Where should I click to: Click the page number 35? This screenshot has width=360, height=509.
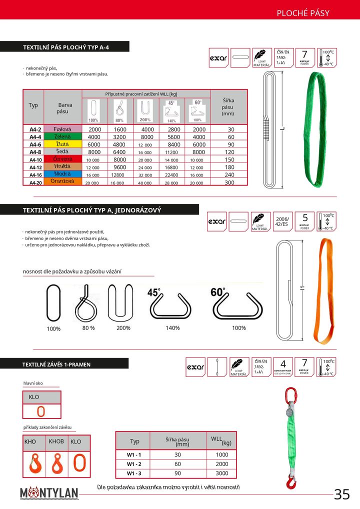pos(342,494)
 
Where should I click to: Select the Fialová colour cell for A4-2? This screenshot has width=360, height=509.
pos(63,129)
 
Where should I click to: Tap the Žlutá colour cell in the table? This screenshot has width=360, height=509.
pos(63,144)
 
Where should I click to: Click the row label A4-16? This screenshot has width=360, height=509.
pos(35,175)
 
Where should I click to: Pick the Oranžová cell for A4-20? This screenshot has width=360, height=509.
pos(63,182)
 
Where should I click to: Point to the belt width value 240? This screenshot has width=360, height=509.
pos(229,175)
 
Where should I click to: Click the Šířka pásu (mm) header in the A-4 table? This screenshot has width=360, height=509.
pos(228,107)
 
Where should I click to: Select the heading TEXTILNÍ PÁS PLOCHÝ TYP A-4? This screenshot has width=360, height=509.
pos(66,47)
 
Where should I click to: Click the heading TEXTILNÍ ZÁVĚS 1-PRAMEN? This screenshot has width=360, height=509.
pos(57,364)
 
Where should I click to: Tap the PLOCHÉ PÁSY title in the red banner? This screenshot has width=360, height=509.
pos(303,13)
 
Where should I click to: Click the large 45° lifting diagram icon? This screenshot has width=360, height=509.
pos(170,303)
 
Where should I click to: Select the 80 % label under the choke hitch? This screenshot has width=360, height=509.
pos(88,328)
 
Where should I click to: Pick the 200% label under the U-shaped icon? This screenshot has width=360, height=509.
pos(123,328)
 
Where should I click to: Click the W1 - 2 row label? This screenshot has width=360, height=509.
pos(134,464)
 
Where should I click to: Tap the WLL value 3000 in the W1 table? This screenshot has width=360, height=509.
pos(222,473)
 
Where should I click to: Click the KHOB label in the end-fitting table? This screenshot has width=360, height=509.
pos(56,441)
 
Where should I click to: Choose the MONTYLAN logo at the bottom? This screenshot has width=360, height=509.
pos(49,493)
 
